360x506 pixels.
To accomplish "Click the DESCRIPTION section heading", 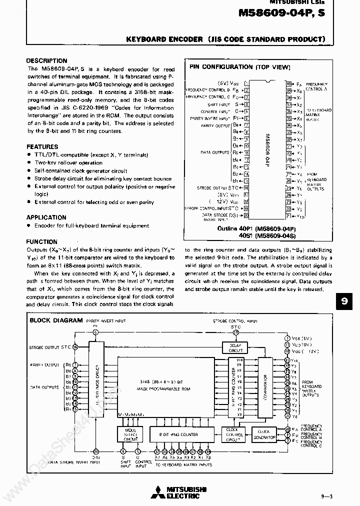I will tap(46, 60).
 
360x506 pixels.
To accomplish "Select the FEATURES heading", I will tap(42, 147).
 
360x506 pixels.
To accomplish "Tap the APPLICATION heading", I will tap(46, 217).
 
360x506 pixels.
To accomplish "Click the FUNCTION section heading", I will tap(41, 241).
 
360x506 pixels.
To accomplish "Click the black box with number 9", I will tap(344, 301).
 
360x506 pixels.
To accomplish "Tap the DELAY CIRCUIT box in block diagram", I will tap(235, 348).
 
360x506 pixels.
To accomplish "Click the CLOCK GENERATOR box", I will tap(263, 434).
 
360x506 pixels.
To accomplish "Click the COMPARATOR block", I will tap(267, 387).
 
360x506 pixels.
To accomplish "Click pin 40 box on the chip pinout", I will tap(288, 83).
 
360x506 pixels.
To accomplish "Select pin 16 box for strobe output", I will tap(246, 188).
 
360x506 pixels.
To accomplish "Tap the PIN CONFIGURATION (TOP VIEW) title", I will tap(239, 66).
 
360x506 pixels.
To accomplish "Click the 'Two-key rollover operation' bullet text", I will tap(68, 163).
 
